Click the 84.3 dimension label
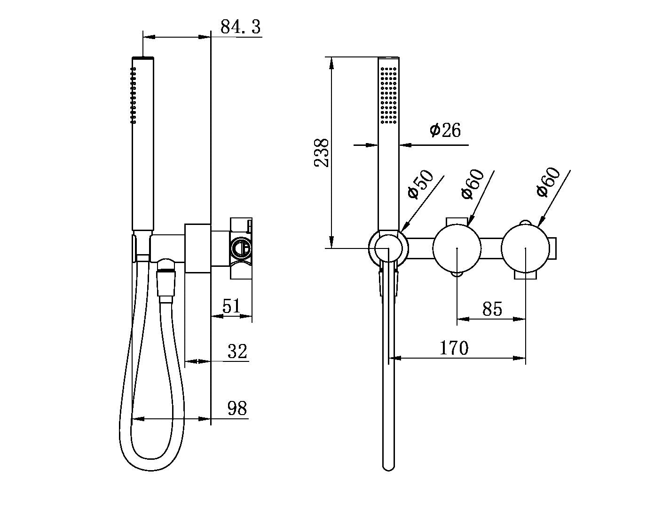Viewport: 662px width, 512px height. (x=240, y=27)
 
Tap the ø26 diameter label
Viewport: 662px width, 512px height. (x=445, y=130)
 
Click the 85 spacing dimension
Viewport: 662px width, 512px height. (x=492, y=309)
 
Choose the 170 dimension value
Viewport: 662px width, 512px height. (x=454, y=348)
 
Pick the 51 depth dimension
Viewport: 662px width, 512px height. (x=231, y=306)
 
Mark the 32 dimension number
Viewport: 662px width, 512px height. (x=237, y=352)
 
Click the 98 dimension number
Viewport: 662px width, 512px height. (x=237, y=408)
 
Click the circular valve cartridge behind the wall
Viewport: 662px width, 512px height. (x=240, y=248)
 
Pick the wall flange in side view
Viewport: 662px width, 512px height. (x=197, y=248)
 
